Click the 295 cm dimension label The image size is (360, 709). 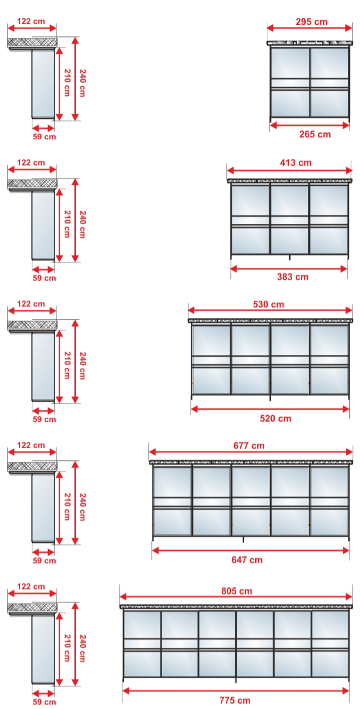coord(311,22)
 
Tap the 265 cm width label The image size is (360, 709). coord(315,134)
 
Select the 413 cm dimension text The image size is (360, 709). coord(296,163)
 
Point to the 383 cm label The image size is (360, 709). coord(293,277)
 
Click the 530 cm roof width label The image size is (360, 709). coord(268,304)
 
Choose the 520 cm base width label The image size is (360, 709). coord(275,418)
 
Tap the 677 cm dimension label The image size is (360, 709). coord(249,446)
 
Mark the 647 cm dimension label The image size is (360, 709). coord(247,560)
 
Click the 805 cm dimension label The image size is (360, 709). coord(236,591)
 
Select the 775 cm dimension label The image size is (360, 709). coord(235,700)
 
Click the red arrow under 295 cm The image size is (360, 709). coord(310,28)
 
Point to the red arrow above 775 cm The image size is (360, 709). coord(236,691)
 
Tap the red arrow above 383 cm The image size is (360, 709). coord(289,269)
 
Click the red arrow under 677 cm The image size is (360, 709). coord(251,452)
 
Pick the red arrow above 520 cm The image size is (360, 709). coord(270,409)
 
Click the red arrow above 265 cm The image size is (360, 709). coord(310,126)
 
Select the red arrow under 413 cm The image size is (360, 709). coord(290,171)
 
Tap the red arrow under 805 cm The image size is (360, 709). coord(236,597)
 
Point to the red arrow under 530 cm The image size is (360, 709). coord(270,310)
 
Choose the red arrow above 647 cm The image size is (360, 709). coord(251,551)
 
